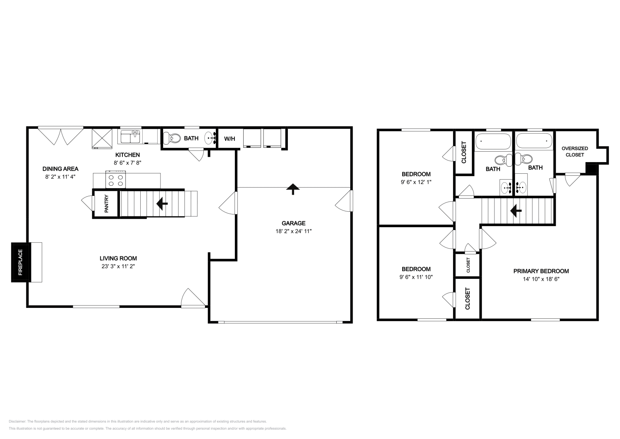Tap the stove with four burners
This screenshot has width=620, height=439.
115,180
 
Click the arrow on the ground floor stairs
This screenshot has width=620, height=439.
162,203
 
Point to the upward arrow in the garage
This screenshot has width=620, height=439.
293,189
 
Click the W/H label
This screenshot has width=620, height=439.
229,139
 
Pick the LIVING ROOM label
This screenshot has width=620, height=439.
118,258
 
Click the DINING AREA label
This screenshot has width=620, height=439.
60,169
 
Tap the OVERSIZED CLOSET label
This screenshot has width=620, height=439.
575,152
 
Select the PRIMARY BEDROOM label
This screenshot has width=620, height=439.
541,271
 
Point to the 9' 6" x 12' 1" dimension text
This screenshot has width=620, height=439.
416,181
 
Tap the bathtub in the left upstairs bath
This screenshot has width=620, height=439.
493,142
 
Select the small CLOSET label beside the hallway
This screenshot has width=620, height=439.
468,265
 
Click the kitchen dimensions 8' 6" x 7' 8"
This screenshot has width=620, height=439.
127,163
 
